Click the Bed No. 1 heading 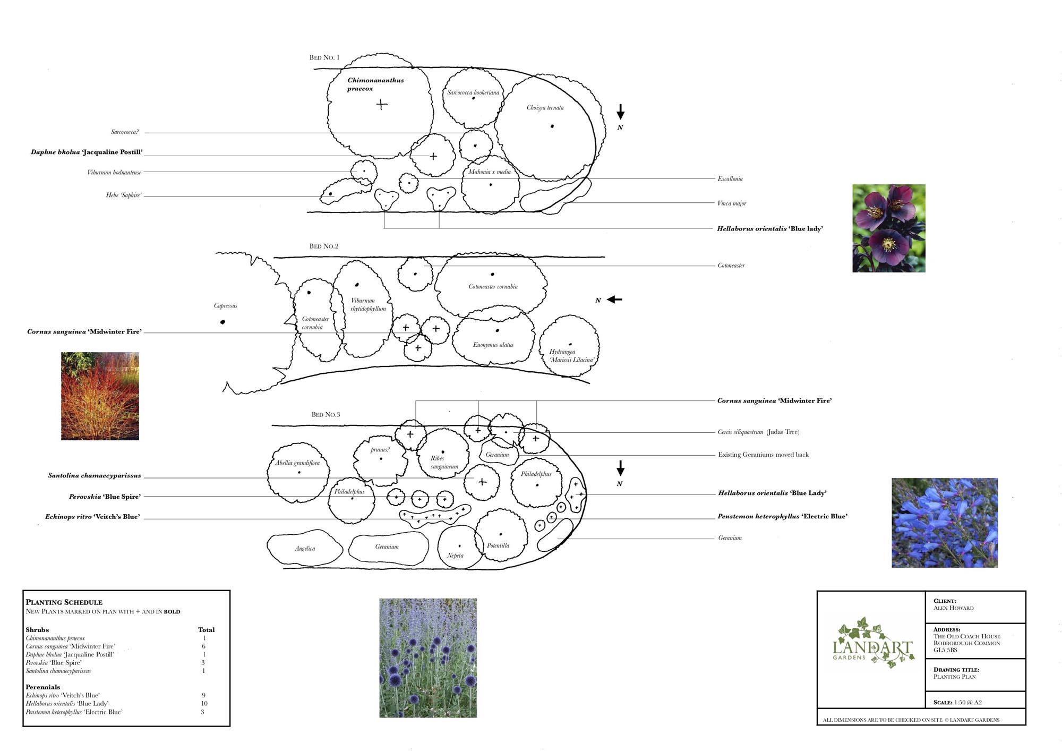(x=324, y=57)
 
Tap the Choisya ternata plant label (x=545, y=108)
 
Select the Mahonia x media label (x=489, y=172)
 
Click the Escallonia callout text (x=730, y=179)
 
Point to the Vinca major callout (x=732, y=203)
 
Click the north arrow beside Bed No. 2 (x=614, y=300)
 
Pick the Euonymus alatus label (x=493, y=345)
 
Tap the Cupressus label (x=226, y=306)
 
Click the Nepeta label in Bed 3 (x=455, y=556)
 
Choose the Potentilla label (x=498, y=545)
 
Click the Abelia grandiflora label (x=297, y=463)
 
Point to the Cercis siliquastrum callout (x=758, y=432)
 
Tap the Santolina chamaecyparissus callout (x=95, y=476)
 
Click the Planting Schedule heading (x=64, y=602)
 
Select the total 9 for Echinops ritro (x=204, y=695)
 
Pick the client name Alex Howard (x=954, y=608)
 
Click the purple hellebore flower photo (x=889, y=228)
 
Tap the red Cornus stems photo (x=100, y=396)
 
